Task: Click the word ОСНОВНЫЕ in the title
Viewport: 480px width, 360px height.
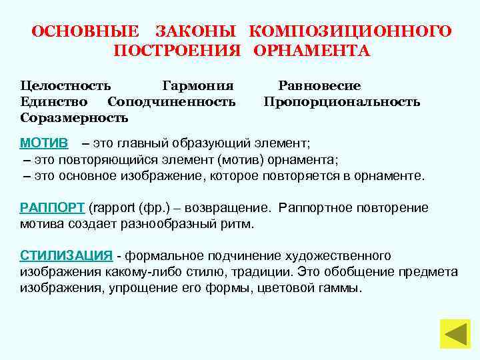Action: click(86, 31)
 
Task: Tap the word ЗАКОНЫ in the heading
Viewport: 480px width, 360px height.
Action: click(195, 31)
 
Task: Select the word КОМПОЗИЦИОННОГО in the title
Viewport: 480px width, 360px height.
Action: click(351, 31)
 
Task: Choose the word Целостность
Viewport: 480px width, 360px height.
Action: click(65, 86)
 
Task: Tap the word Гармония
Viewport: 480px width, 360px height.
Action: click(198, 86)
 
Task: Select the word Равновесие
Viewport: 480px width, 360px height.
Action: click(319, 86)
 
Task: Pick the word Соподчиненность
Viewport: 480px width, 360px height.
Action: click(171, 102)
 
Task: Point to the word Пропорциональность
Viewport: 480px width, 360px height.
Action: click(341, 102)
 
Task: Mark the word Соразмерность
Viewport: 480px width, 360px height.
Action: click(74, 118)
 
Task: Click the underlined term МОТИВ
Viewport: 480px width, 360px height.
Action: click(43, 143)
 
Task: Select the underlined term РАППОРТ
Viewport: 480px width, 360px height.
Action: click(52, 207)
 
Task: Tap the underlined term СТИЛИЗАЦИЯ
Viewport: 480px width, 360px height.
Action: click(66, 256)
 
